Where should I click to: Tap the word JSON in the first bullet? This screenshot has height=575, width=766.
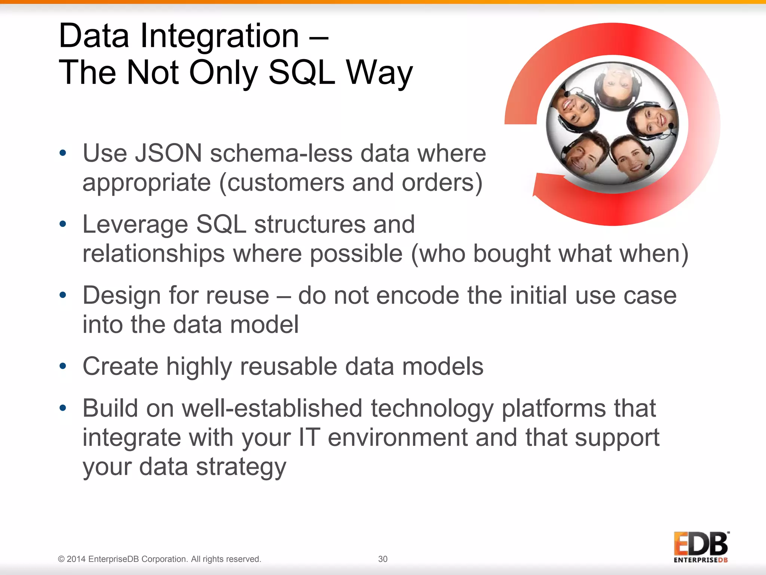pyautogui.click(x=169, y=153)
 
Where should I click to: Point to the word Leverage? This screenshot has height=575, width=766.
pyautogui.click(x=135, y=224)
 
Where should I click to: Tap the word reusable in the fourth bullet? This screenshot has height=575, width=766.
pyautogui.click(x=288, y=366)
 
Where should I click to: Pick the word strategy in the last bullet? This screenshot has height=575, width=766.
pyautogui.click(x=241, y=467)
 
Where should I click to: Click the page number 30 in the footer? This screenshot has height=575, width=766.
pyautogui.click(x=383, y=559)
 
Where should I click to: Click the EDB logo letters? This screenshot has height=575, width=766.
pyautogui.click(x=700, y=544)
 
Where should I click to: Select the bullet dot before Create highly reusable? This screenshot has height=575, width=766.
pyautogui.click(x=63, y=366)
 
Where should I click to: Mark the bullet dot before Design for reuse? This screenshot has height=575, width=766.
pyautogui.click(x=63, y=295)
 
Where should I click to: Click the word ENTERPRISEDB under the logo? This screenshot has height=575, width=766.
pyautogui.click(x=700, y=560)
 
